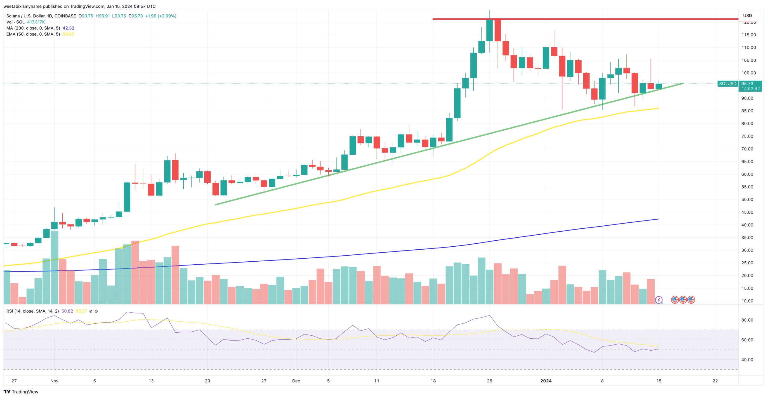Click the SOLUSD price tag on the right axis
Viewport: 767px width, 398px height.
[727, 84]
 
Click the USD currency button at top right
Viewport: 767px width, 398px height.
[747, 16]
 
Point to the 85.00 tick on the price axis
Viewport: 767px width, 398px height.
[747, 111]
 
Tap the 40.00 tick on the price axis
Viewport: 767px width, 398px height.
[747, 225]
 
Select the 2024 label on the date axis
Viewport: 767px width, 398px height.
[546, 381]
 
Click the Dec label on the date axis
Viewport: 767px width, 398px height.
[296, 381]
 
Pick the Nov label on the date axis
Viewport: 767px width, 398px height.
[54, 381]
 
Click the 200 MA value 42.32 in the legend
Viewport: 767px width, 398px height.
[68, 28]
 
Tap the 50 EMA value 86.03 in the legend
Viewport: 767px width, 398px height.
[68, 34]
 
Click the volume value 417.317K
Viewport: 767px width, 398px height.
[36, 22]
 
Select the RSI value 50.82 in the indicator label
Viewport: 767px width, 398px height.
[67, 311]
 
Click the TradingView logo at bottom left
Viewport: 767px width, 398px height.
[21, 392]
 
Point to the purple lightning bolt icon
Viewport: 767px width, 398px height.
[659, 300]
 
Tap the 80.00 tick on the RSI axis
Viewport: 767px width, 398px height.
[747, 320]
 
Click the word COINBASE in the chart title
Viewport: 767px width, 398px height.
[65, 16]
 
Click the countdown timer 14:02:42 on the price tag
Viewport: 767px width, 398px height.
[751, 89]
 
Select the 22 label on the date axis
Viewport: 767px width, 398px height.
[715, 381]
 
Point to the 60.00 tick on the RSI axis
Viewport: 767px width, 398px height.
[747, 340]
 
